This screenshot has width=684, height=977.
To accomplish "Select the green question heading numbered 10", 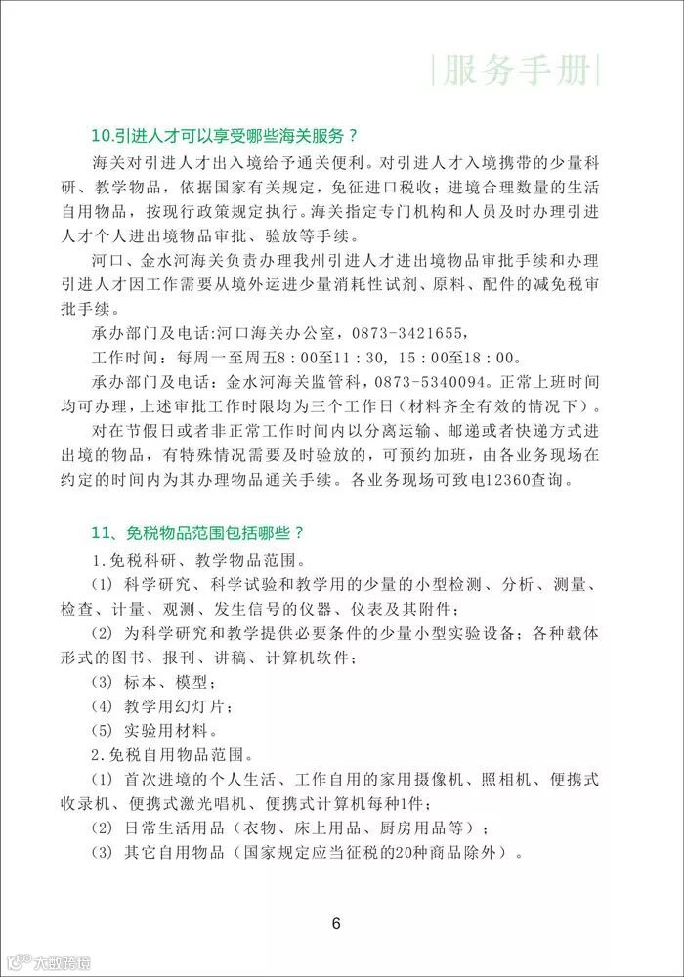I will pos(223,136).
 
